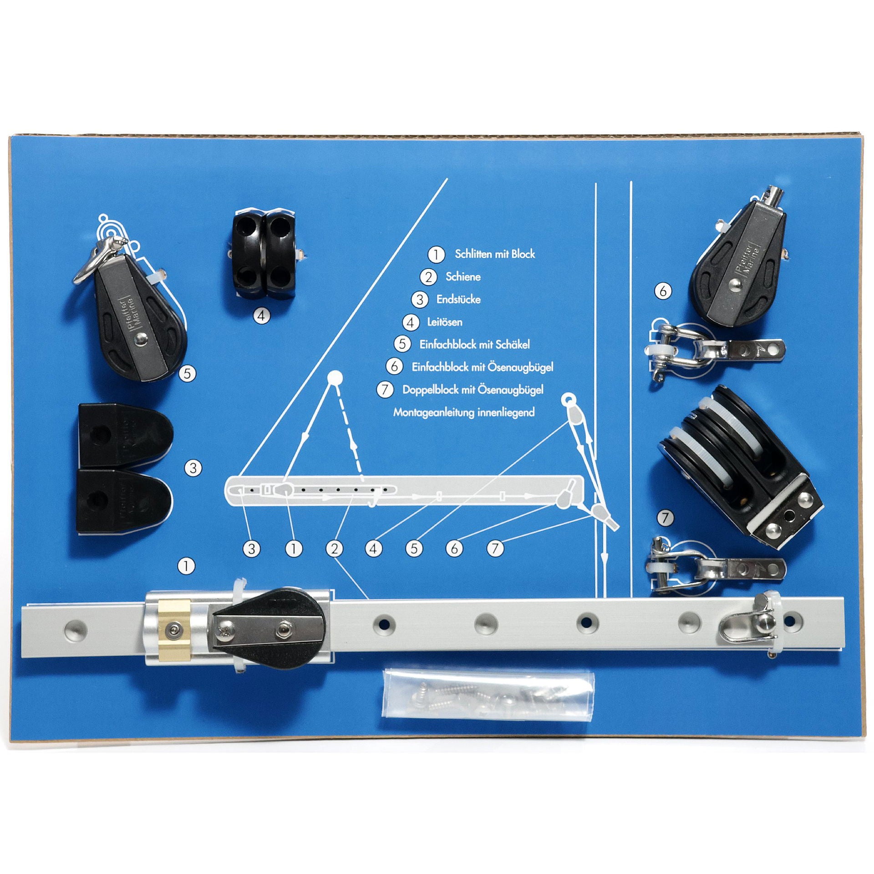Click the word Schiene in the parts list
(463, 277)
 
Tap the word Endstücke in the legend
(458, 300)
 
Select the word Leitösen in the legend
(445, 322)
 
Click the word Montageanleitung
(433, 413)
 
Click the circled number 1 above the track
(187, 566)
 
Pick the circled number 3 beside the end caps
(193, 468)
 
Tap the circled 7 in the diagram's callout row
(495, 549)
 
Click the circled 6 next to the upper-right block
(663, 290)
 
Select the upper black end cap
(125, 433)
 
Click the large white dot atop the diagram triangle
(335, 378)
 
